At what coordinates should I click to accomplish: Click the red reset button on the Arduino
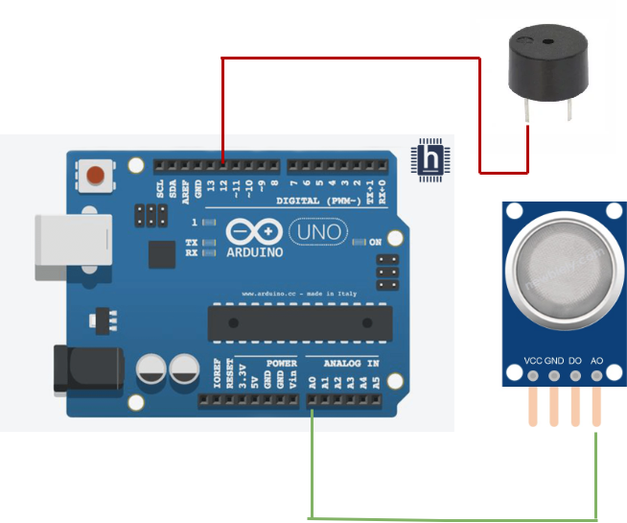point(95,176)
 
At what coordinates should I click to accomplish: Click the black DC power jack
point(87,367)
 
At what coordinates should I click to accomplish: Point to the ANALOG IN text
point(350,365)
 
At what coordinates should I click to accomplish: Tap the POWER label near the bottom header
point(281,365)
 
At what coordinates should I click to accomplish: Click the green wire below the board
point(451,518)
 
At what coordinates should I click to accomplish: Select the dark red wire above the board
point(350,59)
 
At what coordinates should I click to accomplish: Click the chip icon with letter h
point(430,159)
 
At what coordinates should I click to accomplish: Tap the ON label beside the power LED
point(376,241)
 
